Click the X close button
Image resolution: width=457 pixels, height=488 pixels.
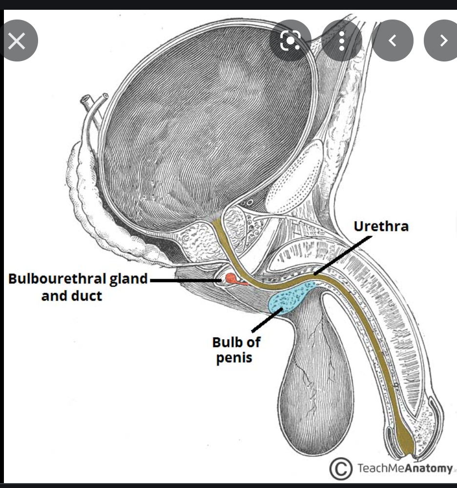coord(17,41)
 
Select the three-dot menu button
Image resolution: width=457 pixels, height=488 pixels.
coord(342,41)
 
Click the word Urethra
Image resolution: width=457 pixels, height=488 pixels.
coord(381,226)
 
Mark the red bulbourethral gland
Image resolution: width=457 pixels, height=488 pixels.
coord(230,280)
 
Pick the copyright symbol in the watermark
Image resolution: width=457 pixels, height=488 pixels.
coord(340,469)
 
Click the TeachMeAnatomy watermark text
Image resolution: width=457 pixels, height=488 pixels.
coord(405,468)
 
